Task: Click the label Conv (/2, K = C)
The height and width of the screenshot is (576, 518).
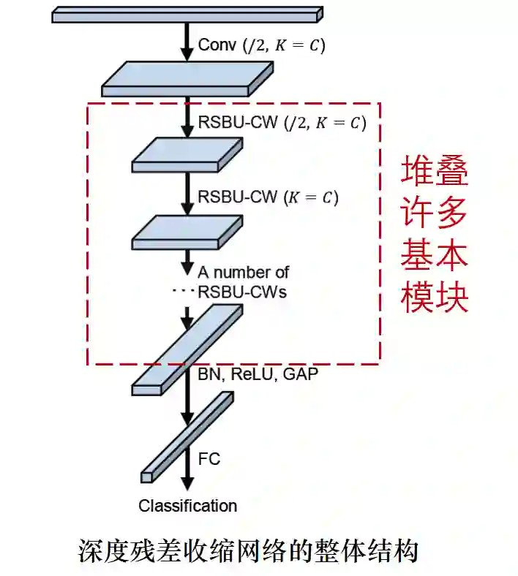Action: click(x=261, y=45)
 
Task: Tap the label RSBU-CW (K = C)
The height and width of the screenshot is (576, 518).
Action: click(x=269, y=197)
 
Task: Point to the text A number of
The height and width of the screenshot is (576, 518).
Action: click(x=243, y=273)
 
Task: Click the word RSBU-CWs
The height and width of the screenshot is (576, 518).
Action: click(x=242, y=292)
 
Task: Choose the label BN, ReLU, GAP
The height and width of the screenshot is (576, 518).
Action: click(x=258, y=375)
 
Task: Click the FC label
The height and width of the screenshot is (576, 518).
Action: click(x=209, y=459)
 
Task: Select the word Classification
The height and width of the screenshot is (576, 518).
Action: click(x=188, y=506)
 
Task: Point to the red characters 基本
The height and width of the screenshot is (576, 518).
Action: click(x=434, y=255)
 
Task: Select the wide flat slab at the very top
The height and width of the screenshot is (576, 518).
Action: click(x=187, y=13)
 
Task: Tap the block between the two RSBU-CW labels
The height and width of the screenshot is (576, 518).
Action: click(x=187, y=155)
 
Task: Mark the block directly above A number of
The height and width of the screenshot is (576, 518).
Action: click(x=187, y=232)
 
